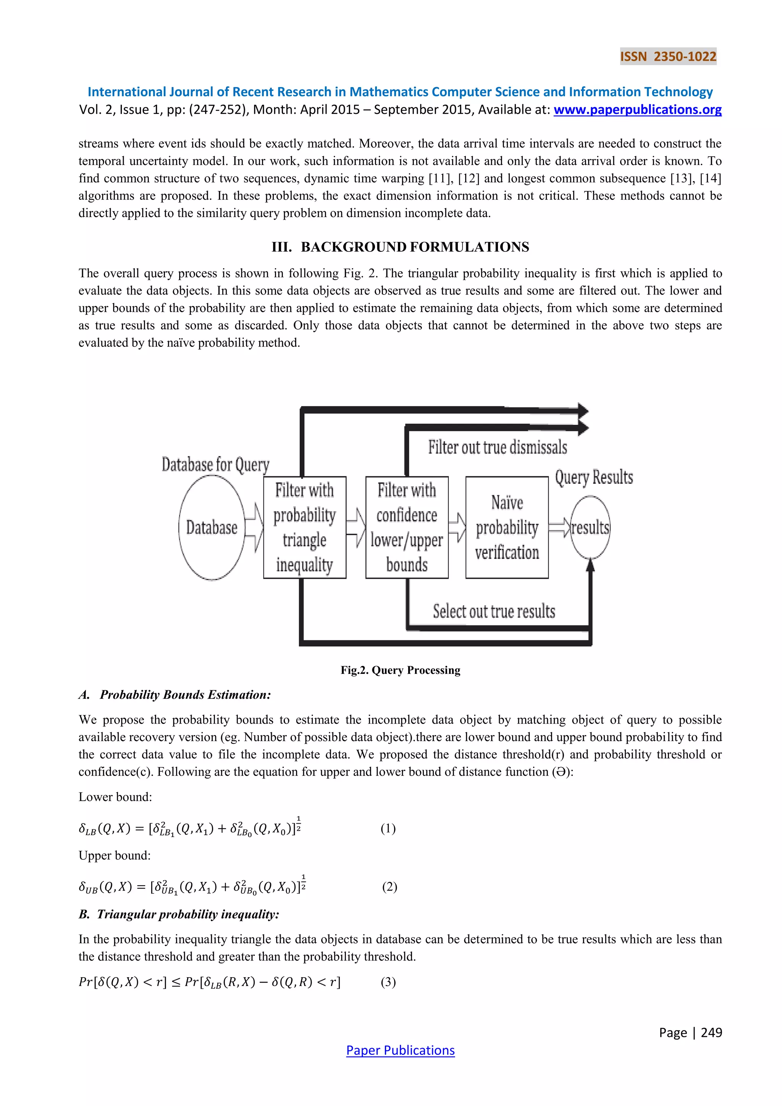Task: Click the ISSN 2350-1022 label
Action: coord(668,57)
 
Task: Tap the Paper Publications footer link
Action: coord(400,1050)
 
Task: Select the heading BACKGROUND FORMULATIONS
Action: coord(414,247)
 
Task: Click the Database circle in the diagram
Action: coord(212,528)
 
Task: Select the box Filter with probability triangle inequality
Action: coord(304,528)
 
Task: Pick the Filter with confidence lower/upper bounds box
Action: coord(407,528)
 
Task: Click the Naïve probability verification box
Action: coord(507,528)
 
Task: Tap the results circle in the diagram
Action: coord(590,528)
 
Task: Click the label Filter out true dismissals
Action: coord(498,447)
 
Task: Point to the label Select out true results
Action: coord(494,611)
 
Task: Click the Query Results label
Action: coord(594,478)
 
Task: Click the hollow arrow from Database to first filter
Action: coord(254,528)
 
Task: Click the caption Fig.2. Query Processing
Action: coord(400,670)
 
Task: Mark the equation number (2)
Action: coord(389,887)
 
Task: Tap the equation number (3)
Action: coord(388,982)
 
